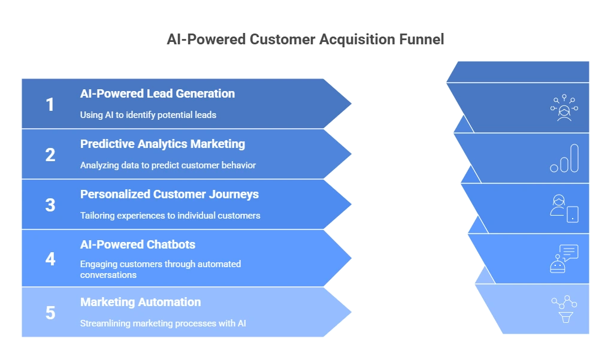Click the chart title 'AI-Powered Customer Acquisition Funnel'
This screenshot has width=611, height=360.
[x=305, y=40]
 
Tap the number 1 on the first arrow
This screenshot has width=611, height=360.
[x=50, y=104]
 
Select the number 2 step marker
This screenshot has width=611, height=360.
[x=50, y=155]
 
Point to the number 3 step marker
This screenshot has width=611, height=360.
[x=50, y=205]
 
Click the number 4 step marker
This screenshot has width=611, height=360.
[x=50, y=259]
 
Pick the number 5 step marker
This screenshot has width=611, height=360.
[x=50, y=313]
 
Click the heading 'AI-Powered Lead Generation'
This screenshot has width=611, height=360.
[x=158, y=94]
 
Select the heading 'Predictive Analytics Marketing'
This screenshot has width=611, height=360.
[x=162, y=144]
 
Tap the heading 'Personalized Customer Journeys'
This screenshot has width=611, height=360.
[x=170, y=195]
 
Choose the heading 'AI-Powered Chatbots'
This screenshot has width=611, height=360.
[x=138, y=244]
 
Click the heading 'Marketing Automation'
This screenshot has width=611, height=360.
[x=140, y=302]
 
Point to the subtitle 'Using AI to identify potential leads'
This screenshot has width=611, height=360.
[x=148, y=115]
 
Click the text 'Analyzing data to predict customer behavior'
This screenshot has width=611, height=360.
[x=168, y=165]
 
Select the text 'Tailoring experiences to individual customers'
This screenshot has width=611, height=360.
[x=170, y=216]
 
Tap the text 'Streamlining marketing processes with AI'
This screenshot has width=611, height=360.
[x=163, y=323]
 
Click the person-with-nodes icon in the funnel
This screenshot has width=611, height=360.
[x=564, y=108]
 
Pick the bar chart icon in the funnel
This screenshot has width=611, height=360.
[x=564, y=158]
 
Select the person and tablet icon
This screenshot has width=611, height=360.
[x=564, y=208]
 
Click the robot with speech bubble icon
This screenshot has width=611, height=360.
[x=564, y=259]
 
